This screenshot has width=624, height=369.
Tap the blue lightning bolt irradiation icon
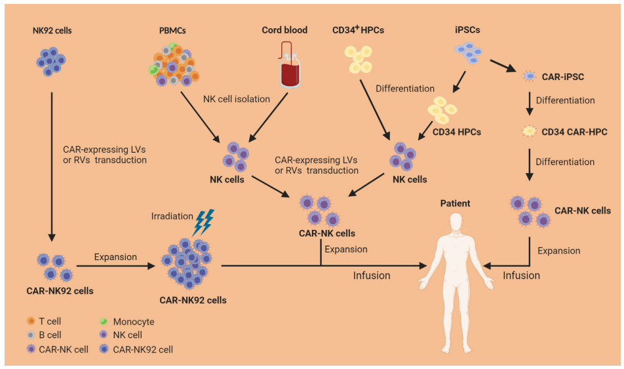(204, 222)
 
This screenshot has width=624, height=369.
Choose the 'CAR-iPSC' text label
(562, 77)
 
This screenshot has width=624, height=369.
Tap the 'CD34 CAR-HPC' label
(574, 132)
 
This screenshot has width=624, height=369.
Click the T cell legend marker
(31, 322)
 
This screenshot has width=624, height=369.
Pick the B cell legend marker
(31, 336)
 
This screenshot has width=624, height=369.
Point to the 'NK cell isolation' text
(236, 99)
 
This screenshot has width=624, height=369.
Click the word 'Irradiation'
(172, 216)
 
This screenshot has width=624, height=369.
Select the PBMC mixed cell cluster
(173, 66)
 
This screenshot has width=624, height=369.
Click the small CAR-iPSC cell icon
(529, 77)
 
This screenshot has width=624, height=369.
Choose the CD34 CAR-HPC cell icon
(529, 132)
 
